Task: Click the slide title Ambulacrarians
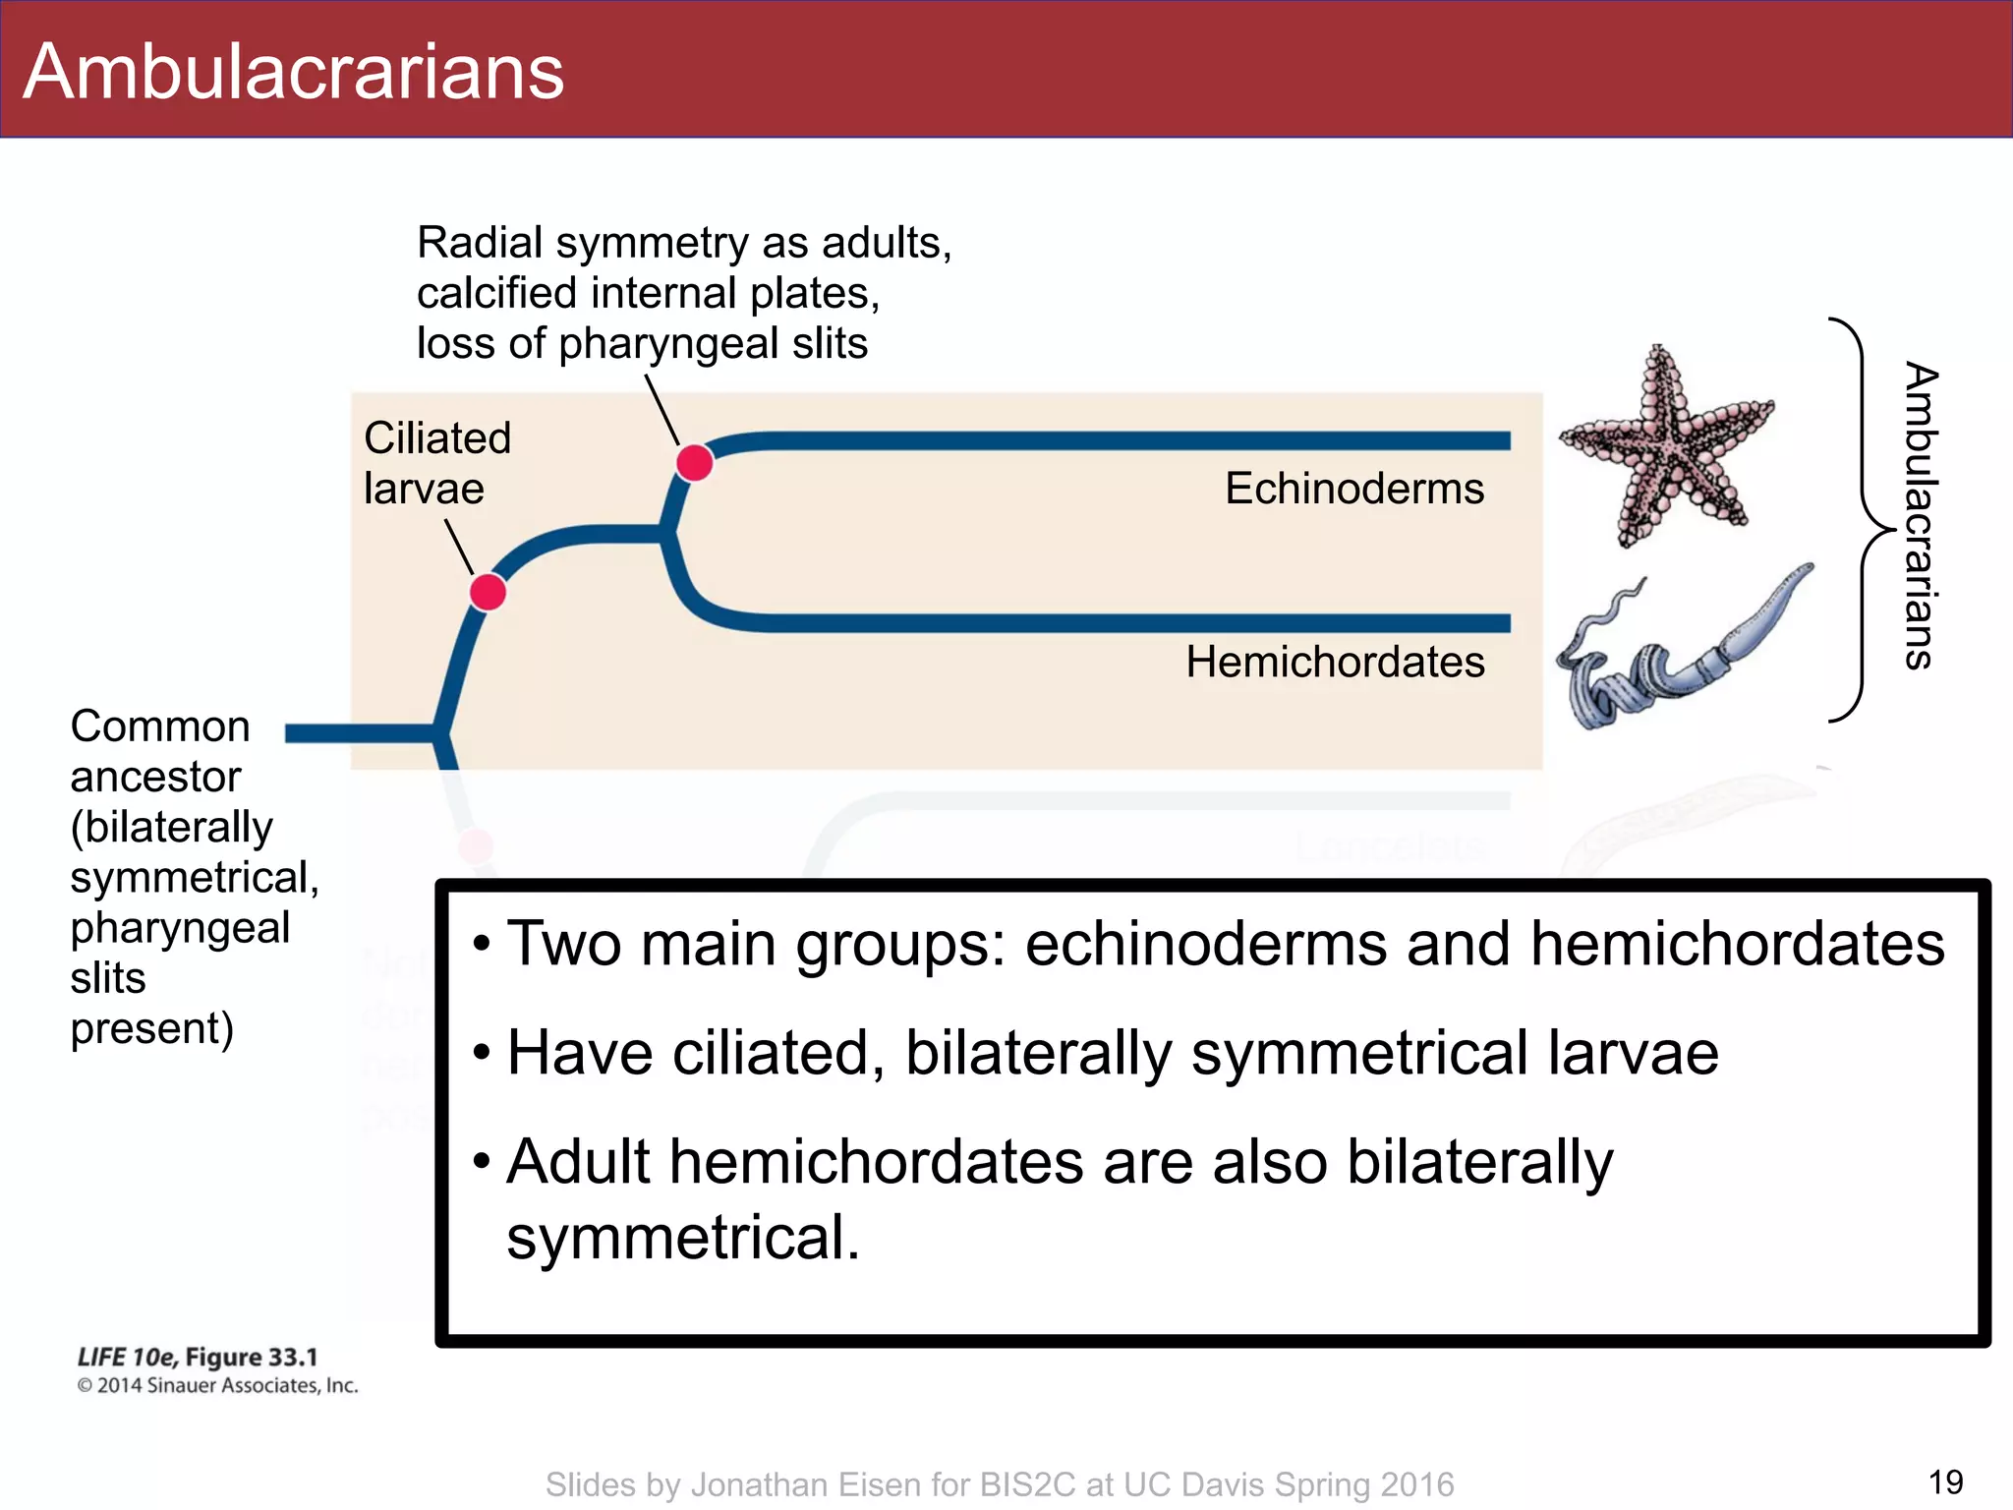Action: pyautogui.click(x=293, y=72)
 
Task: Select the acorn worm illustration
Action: pyautogui.click(x=1681, y=654)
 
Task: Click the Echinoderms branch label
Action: pyautogui.click(x=1353, y=489)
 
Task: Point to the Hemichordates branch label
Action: pyautogui.click(x=1335, y=662)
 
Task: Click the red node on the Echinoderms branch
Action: pyautogui.click(x=695, y=461)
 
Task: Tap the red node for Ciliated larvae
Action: pyautogui.click(x=488, y=593)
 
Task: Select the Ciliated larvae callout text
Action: pyautogui.click(x=436, y=463)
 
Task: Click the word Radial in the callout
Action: pyautogui.click(x=480, y=243)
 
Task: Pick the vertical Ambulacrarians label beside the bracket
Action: pyautogui.click(x=1921, y=517)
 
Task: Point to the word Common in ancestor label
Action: pyautogui.click(x=160, y=726)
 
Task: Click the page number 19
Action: pyautogui.click(x=1945, y=1481)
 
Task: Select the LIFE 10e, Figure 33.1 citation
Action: pyautogui.click(x=198, y=1358)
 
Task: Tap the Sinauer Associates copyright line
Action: pyautogui.click(x=217, y=1386)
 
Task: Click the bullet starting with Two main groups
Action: pyautogui.click(x=1224, y=944)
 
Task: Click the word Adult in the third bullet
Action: pyautogui.click(x=578, y=1162)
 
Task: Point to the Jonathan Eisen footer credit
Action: pyautogui.click(x=999, y=1484)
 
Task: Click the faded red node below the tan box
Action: pyautogui.click(x=476, y=845)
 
